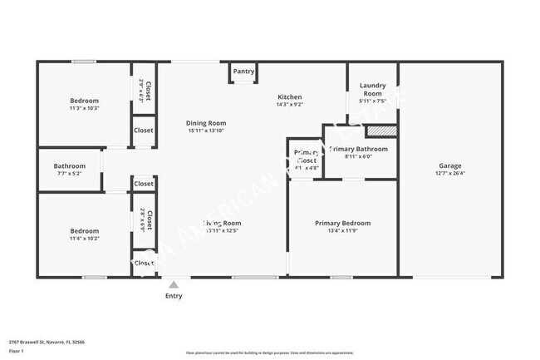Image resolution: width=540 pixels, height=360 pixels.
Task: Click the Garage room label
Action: (x=450, y=165)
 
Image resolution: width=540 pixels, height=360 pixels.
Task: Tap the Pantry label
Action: (x=243, y=72)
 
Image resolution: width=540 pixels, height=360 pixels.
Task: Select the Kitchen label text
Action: (x=289, y=97)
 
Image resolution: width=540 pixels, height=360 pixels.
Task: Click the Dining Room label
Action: (x=206, y=123)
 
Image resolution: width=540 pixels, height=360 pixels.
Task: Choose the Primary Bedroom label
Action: (x=342, y=223)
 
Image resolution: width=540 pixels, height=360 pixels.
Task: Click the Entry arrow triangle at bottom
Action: (x=174, y=284)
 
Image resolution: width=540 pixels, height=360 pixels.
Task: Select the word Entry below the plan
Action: (x=174, y=296)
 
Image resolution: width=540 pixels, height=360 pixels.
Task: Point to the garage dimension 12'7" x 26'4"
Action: (x=450, y=174)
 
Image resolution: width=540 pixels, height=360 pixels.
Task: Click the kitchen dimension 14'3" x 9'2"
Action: (x=289, y=105)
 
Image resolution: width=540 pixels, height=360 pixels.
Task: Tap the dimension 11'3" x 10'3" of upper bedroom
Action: (x=84, y=108)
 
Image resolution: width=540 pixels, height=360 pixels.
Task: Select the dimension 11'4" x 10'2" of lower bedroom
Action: (x=84, y=239)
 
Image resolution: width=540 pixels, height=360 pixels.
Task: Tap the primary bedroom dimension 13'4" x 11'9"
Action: (x=342, y=231)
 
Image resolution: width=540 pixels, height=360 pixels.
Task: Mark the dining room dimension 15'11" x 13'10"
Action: (x=206, y=131)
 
